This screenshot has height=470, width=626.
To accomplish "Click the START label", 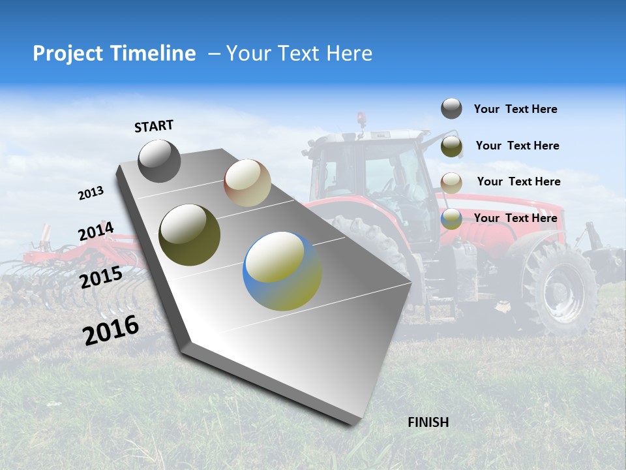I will click(x=154, y=126).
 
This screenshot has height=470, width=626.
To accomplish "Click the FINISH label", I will click(x=428, y=422).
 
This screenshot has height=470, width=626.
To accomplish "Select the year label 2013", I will click(x=91, y=193).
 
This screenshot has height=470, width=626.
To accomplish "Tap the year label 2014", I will click(x=96, y=231).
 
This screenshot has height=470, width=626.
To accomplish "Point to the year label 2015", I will click(x=101, y=277).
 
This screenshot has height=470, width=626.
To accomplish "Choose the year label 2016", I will click(x=111, y=330).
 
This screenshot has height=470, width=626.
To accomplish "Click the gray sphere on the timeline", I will click(x=159, y=161).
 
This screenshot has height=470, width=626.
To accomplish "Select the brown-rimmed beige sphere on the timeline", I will click(x=247, y=183).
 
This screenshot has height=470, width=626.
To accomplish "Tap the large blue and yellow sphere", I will click(x=282, y=271).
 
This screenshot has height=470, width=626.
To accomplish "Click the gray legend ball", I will click(x=451, y=108).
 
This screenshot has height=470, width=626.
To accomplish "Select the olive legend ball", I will click(x=451, y=146).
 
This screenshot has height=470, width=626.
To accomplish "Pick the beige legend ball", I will click(x=451, y=182).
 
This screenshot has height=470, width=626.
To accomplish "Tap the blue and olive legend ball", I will click(x=451, y=219).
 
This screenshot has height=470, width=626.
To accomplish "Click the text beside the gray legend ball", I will click(x=515, y=109).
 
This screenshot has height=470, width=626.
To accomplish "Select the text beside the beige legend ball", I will click(x=518, y=181).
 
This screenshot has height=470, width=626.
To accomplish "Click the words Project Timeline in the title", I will click(x=114, y=54).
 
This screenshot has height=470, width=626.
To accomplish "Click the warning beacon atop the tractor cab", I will click(x=361, y=118).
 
